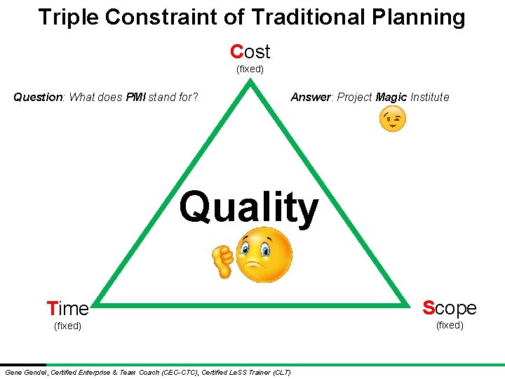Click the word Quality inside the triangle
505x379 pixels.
(248, 208)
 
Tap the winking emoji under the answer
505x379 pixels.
(392, 120)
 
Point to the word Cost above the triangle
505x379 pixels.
(250, 51)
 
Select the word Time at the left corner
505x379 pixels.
(67, 309)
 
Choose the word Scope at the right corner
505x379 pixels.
(449, 308)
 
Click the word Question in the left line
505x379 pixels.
(38, 98)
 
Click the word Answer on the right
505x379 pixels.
(311, 98)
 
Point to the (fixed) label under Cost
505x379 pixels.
(250, 69)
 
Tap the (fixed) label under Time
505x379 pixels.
(67, 326)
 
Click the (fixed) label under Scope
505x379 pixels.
(449, 326)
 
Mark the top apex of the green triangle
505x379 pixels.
(250, 82)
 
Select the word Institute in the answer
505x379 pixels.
(429, 98)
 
